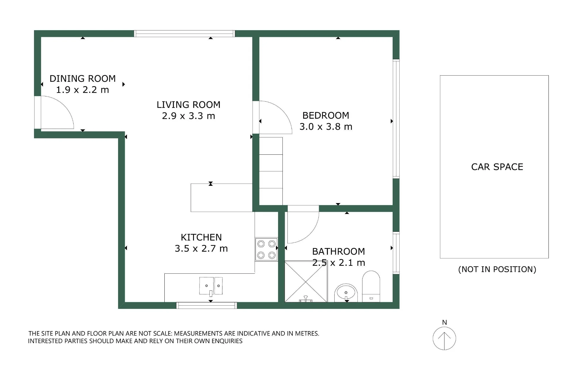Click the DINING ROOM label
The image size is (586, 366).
[x=83, y=79]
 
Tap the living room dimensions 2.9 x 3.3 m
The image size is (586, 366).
[x=189, y=116]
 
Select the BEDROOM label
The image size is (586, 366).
[x=326, y=115]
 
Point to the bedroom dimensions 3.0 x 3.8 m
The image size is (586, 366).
[x=326, y=127]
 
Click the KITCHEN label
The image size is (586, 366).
[x=201, y=237]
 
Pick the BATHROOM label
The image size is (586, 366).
[x=339, y=251]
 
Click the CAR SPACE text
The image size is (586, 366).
[x=497, y=167]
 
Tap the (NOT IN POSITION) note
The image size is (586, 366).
[x=497, y=269]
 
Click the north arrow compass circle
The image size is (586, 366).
[x=444, y=338]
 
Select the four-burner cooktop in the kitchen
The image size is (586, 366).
[x=266, y=249]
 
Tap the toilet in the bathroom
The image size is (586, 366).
[x=371, y=286]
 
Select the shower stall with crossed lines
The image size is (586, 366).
[x=306, y=282]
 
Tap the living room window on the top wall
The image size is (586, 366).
[x=185, y=33]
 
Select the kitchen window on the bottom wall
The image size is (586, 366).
[x=207, y=305]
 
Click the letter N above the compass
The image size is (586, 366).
[x=444, y=322]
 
